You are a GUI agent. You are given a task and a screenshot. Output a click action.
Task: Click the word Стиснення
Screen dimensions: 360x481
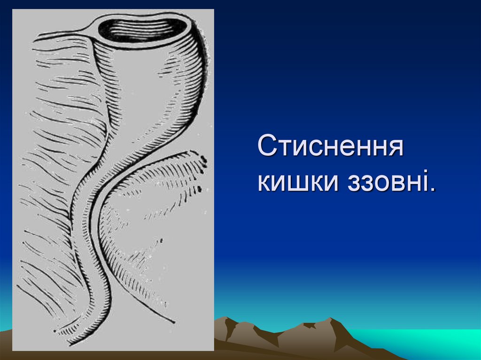click(x=330, y=147)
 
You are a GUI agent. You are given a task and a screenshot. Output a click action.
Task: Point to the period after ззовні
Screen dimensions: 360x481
click(x=431, y=189)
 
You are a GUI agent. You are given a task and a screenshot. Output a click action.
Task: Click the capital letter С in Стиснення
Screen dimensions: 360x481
click(x=267, y=147)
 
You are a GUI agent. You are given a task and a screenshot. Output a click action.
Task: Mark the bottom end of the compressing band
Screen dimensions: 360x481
click(x=171, y=322)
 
